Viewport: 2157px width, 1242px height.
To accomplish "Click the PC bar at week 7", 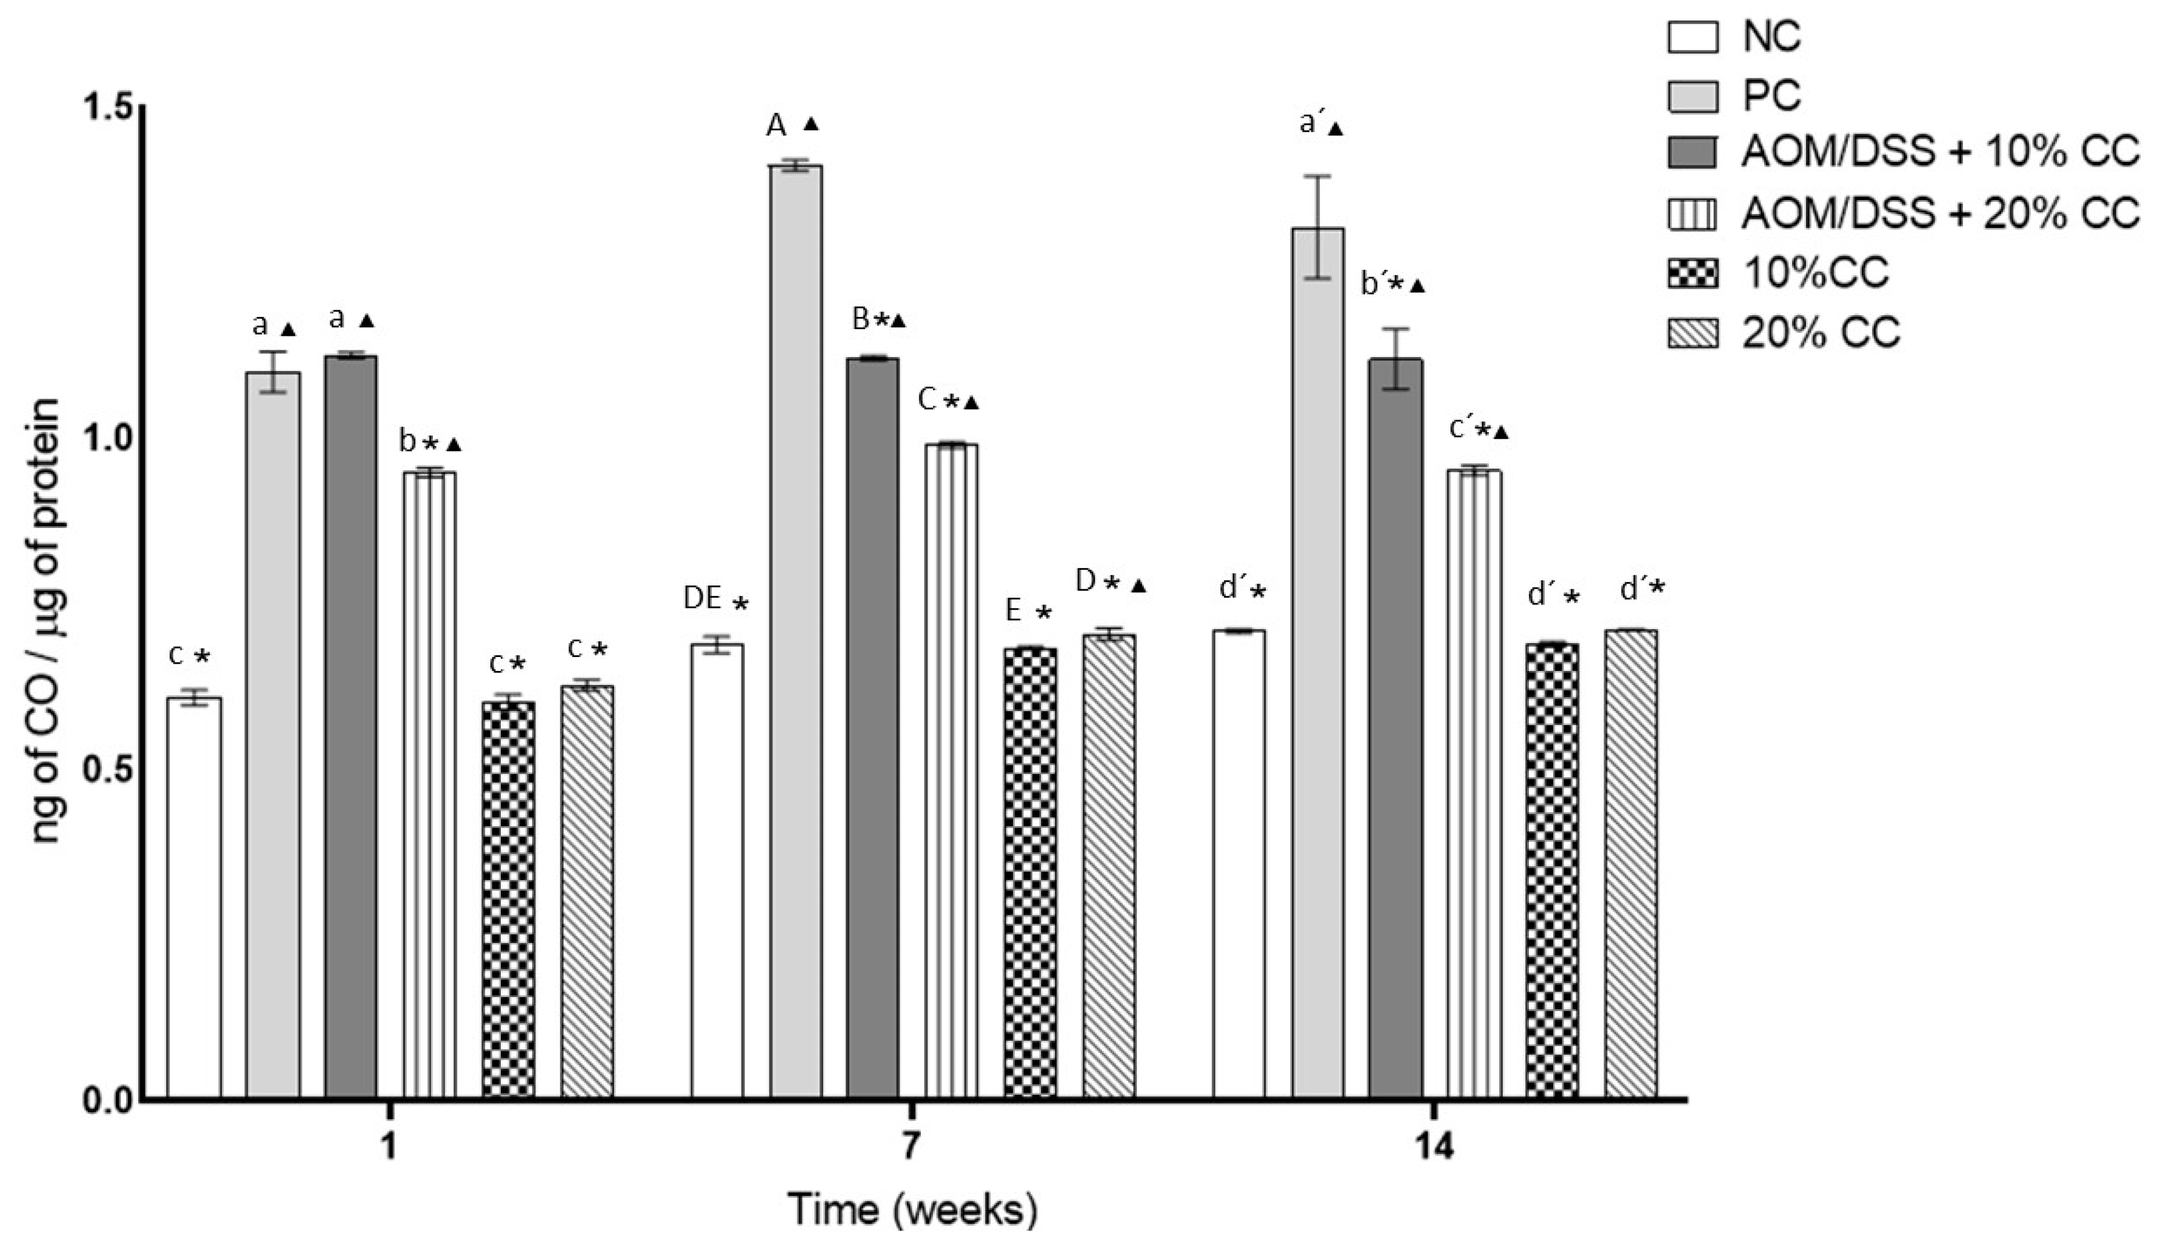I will [x=796, y=631].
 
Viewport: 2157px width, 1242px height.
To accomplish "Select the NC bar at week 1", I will [x=193, y=896].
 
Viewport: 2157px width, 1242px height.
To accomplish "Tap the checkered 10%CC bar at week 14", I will [x=1551, y=870].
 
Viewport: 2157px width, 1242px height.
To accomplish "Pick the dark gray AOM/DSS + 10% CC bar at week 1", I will [x=350, y=725].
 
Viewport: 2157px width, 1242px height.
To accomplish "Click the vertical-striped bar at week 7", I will [x=951, y=768].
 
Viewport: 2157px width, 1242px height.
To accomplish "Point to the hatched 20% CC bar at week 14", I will [x=1630, y=861].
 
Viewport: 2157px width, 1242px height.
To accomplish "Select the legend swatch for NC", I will [x=1692, y=38].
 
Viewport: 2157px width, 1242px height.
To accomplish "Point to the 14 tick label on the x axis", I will [x=1434, y=1147].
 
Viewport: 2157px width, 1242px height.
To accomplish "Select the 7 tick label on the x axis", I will [x=911, y=1147].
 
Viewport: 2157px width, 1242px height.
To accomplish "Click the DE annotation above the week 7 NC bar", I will [x=703, y=599].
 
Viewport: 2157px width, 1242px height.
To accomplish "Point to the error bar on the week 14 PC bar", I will [x=1318, y=227].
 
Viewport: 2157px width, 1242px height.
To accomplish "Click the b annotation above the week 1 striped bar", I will [x=407, y=442].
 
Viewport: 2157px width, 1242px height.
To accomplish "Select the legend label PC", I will [x=1771, y=96].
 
